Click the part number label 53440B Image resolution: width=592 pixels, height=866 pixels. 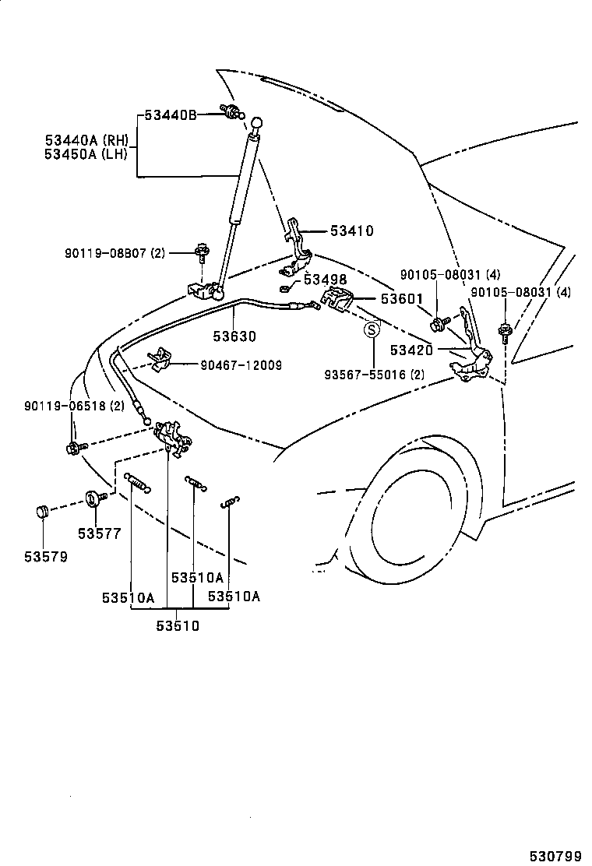point(169,115)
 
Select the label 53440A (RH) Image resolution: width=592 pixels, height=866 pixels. point(86,140)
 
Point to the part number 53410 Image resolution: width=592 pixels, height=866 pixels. point(351,231)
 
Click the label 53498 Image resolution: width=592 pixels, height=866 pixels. point(325,280)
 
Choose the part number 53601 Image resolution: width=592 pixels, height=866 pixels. point(401,298)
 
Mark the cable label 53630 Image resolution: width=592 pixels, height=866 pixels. point(234,336)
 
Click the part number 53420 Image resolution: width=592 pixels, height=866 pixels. point(411,350)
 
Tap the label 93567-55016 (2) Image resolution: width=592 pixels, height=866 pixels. point(375,374)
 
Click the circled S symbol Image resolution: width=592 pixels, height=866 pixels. point(372,330)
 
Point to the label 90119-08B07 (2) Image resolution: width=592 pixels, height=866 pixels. point(115,253)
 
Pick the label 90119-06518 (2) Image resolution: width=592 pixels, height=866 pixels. point(74,406)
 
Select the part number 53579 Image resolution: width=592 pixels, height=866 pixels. point(45,557)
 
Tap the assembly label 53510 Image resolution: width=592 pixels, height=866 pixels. point(178,625)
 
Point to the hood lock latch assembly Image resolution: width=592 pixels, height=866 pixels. point(171,437)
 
